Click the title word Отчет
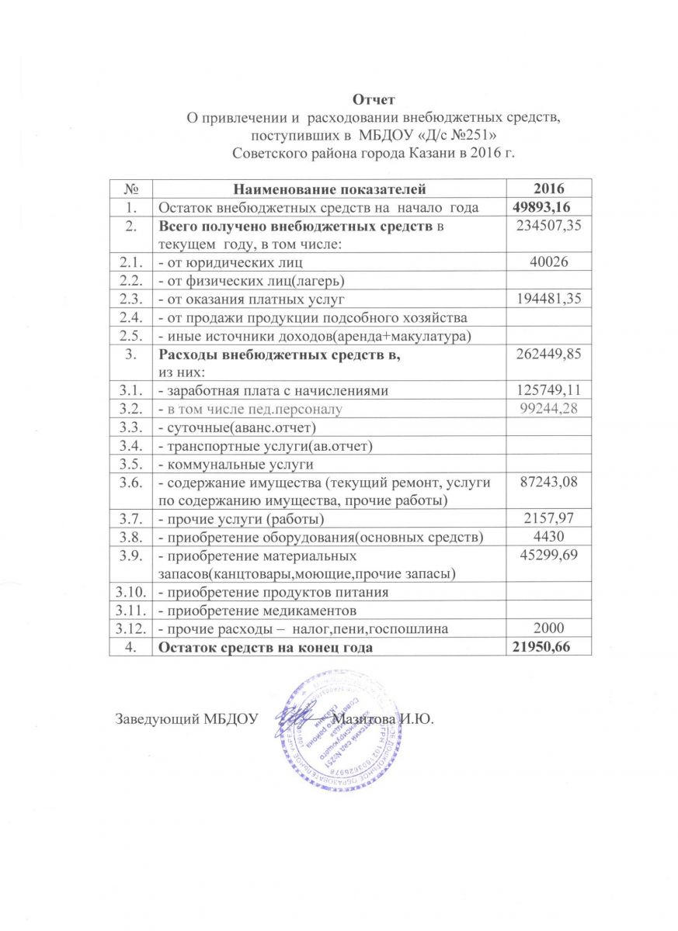coord(374,100)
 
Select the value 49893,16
coord(549,207)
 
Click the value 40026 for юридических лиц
coord(549,263)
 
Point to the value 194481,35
coord(549,299)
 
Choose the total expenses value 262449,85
coord(549,355)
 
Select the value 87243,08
coord(549,483)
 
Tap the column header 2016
coord(549,189)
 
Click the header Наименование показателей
coord(330,189)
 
